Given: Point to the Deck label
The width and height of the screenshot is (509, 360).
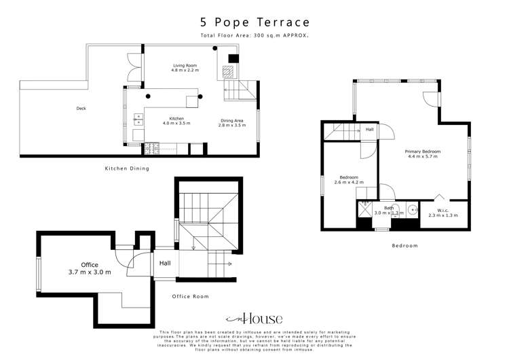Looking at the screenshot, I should pyautogui.click(x=81, y=108).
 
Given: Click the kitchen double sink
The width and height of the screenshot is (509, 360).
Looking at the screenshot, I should pyautogui.click(x=138, y=120).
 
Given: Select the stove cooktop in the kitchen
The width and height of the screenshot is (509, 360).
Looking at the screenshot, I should pyautogui.click(x=152, y=145).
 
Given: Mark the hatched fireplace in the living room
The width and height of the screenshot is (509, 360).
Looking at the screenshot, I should pyautogui.click(x=231, y=69).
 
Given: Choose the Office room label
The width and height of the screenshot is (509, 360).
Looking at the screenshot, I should pyautogui.click(x=90, y=265).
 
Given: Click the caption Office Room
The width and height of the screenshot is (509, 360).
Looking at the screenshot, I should pyautogui.click(x=190, y=296).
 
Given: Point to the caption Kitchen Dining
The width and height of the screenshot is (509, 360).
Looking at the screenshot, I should pyautogui.click(x=126, y=168).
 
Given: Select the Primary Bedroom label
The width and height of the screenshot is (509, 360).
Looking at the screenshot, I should pyautogui.click(x=423, y=151).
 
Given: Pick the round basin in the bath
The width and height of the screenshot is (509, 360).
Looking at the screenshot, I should pyautogui.click(x=413, y=210).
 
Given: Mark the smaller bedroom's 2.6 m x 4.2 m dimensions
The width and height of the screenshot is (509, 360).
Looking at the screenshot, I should pyautogui.click(x=350, y=182).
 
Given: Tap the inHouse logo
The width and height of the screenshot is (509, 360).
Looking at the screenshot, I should pyautogui.click(x=254, y=319).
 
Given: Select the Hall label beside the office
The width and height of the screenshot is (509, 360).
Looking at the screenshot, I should pyautogui.click(x=165, y=264).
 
